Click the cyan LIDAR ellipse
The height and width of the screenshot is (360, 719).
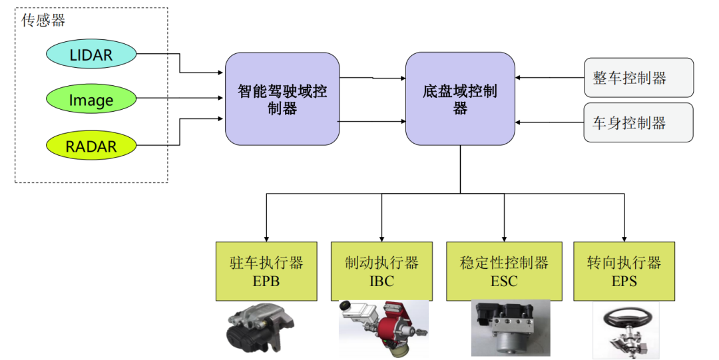pyautogui.click(x=91, y=55)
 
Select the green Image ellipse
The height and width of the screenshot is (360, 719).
pyautogui.click(x=91, y=100)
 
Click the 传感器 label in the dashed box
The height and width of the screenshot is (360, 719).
pyautogui.click(x=44, y=21)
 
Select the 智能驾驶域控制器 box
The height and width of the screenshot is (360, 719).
pyautogui.click(x=282, y=99)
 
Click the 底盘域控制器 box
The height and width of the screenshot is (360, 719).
pyautogui.click(x=460, y=99)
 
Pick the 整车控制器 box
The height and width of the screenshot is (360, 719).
pyautogui.click(x=638, y=79)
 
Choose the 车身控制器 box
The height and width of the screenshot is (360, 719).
pyautogui.click(x=638, y=122)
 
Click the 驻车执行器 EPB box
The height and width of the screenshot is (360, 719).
pyautogui.click(x=266, y=271)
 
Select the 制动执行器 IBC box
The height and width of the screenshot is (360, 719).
pyautogui.click(x=381, y=271)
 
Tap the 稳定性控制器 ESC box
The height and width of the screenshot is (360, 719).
pyautogui.click(x=504, y=271)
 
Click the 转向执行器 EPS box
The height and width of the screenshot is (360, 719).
pyautogui.click(x=624, y=271)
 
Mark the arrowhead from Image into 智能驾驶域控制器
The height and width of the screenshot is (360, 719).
pyautogui.click(x=221, y=99)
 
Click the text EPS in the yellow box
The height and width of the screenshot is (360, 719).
pyautogui.click(x=624, y=281)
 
